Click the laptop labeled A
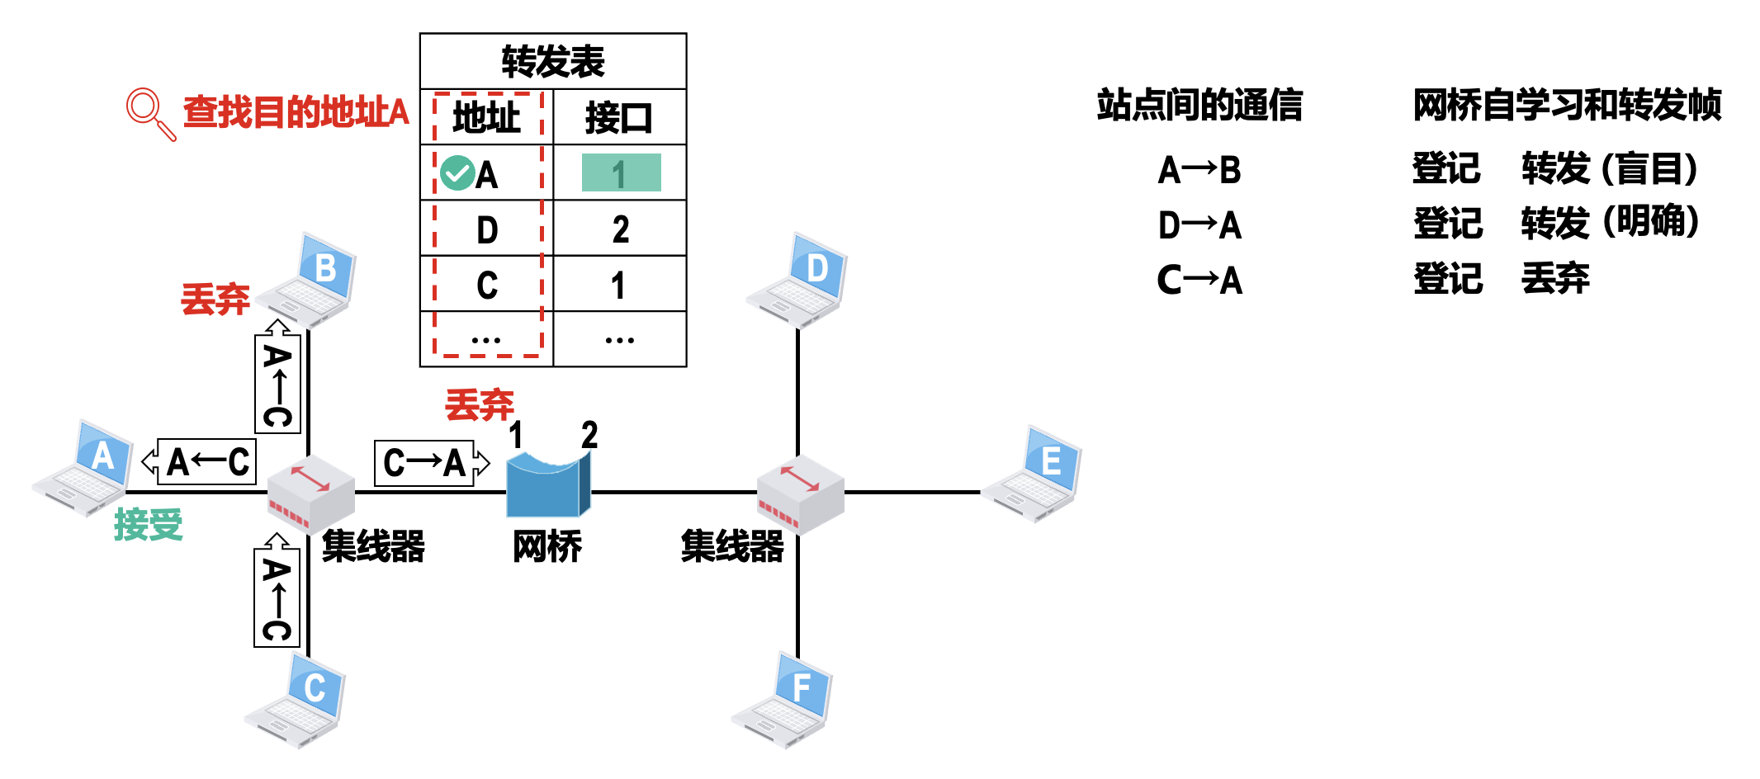click(x=84, y=468)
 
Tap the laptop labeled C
click(x=296, y=701)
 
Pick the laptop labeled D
click(x=798, y=279)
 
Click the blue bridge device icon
click(x=547, y=486)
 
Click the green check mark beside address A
click(x=457, y=173)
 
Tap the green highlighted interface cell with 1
click(x=621, y=173)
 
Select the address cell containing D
click(x=487, y=229)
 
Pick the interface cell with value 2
click(x=620, y=229)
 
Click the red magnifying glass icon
click(x=149, y=112)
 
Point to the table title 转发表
click(x=553, y=62)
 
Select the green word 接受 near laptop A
click(x=149, y=525)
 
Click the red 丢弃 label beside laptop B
click(x=215, y=299)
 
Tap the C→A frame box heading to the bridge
click(x=426, y=463)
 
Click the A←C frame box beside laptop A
click(x=206, y=462)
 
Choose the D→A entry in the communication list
click(x=1199, y=225)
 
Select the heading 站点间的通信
click(x=1199, y=106)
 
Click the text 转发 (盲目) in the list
click(x=1610, y=169)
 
